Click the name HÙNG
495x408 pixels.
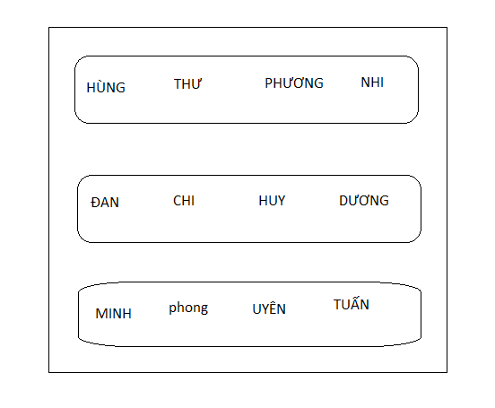pyautogui.click(x=106, y=86)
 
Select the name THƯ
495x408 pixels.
pyautogui.click(x=187, y=84)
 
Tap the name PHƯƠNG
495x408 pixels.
pyautogui.click(x=294, y=83)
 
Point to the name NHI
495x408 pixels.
pyautogui.click(x=372, y=82)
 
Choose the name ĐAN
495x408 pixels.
pyautogui.click(x=105, y=203)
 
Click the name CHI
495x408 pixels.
pyautogui.click(x=184, y=201)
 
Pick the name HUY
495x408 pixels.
pyautogui.click(x=272, y=201)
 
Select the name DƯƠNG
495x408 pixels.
pyautogui.click(x=364, y=201)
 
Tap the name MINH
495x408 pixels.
pyautogui.click(x=113, y=314)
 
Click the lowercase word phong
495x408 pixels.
pyautogui.click(x=188, y=308)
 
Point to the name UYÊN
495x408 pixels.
pyautogui.click(x=269, y=308)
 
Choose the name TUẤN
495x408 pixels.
pyautogui.click(x=352, y=304)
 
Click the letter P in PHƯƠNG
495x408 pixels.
pyautogui.click(x=268, y=83)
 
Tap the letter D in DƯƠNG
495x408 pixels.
pyautogui.click(x=343, y=201)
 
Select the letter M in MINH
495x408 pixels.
pyautogui.click(x=101, y=314)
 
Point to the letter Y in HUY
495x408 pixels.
pyautogui.click(x=281, y=201)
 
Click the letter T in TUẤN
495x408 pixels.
pyautogui.click(x=338, y=305)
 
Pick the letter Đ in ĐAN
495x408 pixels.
pyautogui.click(x=96, y=203)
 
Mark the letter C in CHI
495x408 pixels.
pyautogui.click(x=177, y=201)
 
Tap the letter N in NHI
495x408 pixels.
pyautogui.click(x=366, y=82)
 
